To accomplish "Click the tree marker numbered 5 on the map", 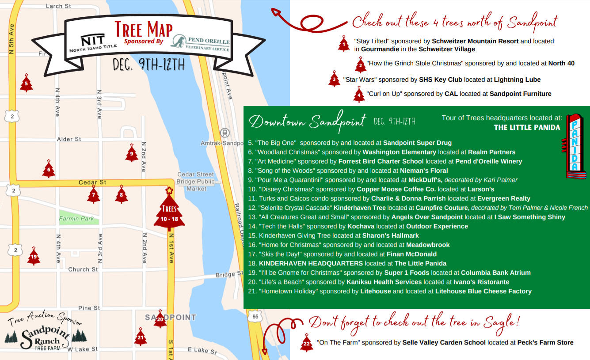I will (26, 83).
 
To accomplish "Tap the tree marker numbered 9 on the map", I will (131, 153).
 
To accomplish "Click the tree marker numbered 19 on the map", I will (34, 256).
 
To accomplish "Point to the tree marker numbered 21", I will (141, 337).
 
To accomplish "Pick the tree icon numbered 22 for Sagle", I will (306, 343).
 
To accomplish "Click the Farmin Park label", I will (76, 219).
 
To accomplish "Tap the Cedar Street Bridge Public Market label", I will (196, 182).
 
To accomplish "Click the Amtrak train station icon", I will (225, 132).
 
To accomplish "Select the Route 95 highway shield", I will (255, 316).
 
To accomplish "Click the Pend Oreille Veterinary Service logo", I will (201, 42).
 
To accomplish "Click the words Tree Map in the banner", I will (144, 30).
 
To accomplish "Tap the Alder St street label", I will (69, 139).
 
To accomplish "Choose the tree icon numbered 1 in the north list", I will (344, 44).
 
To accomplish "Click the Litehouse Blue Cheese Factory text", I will (483, 291).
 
